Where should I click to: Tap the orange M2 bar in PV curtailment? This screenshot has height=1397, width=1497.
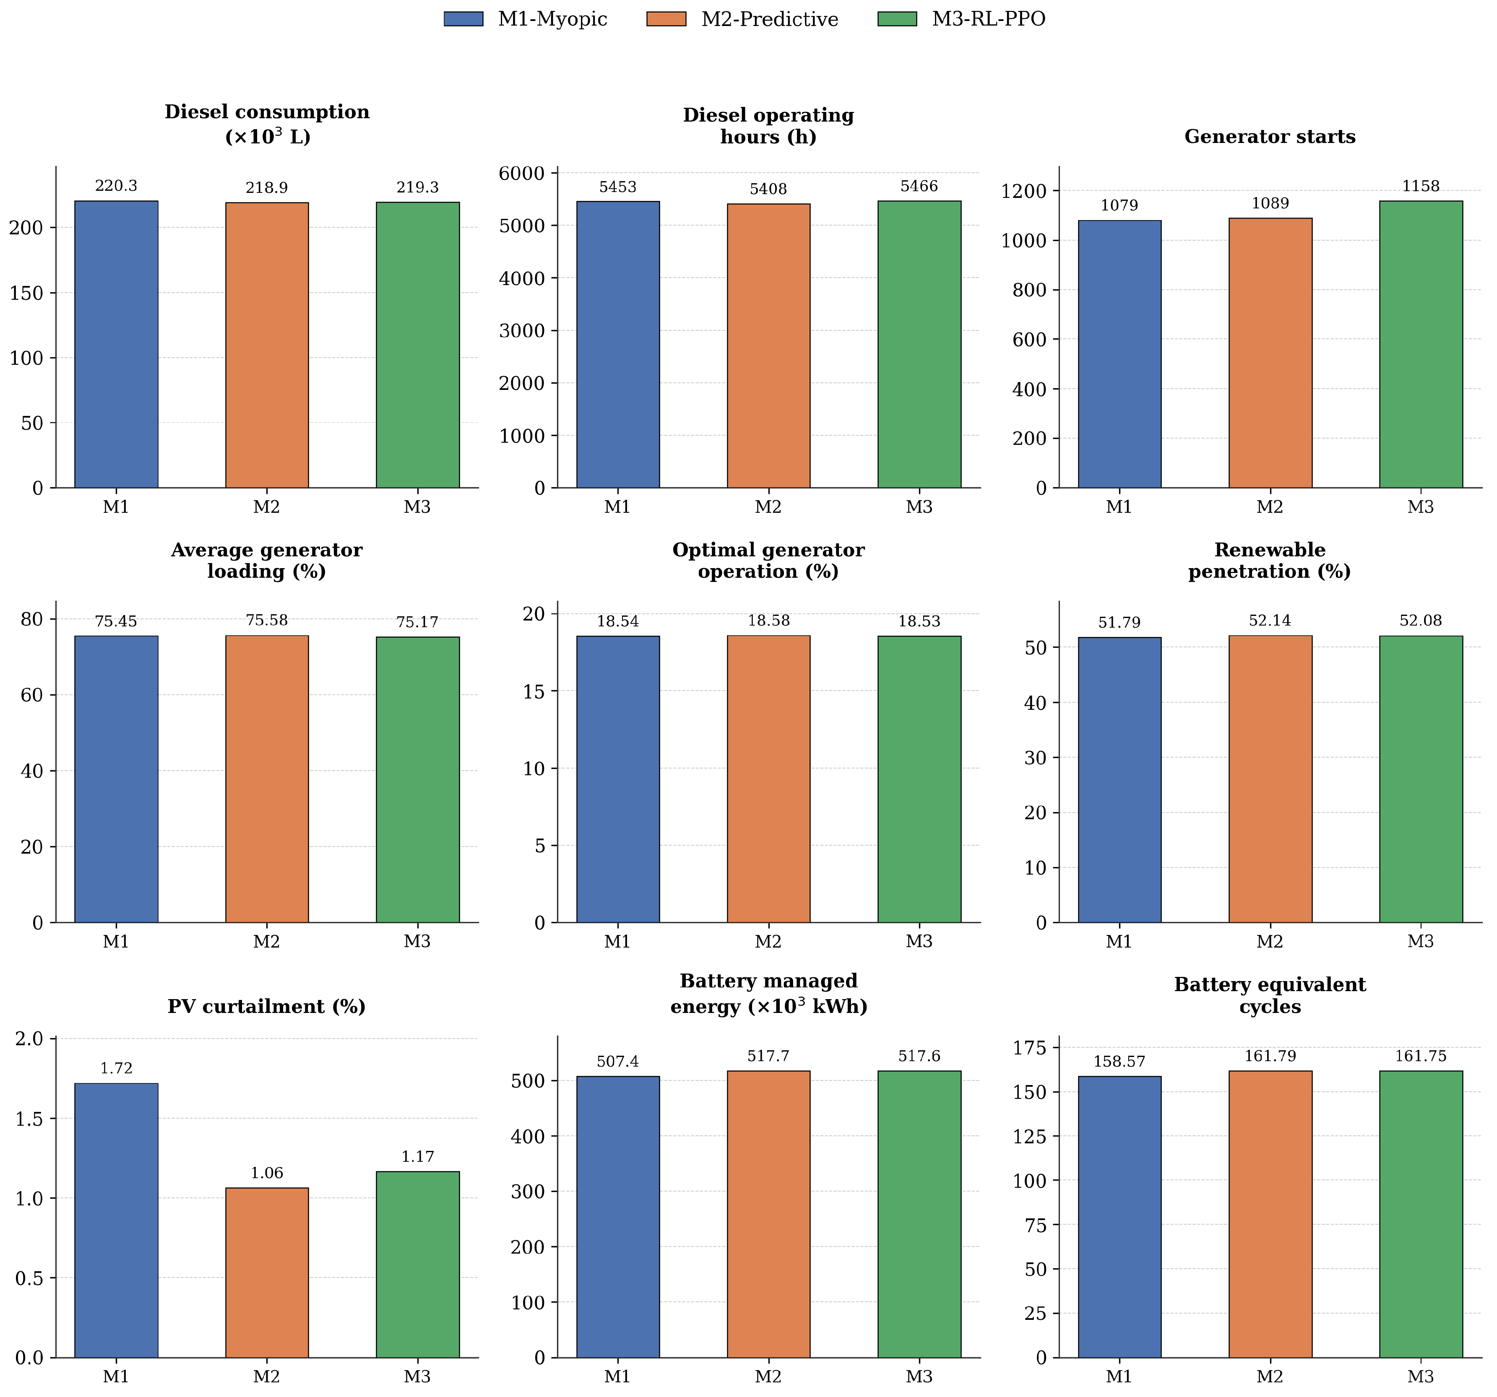pyautogui.click(x=267, y=1273)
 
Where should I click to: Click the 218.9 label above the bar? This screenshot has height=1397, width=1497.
pyautogui.click(x=267, y=187)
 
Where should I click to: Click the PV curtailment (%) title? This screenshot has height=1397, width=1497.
pyautogui.click(x=267, y=1006)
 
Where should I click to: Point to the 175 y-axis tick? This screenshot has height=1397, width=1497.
pyautogui.click(x=1031, y=1048)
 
